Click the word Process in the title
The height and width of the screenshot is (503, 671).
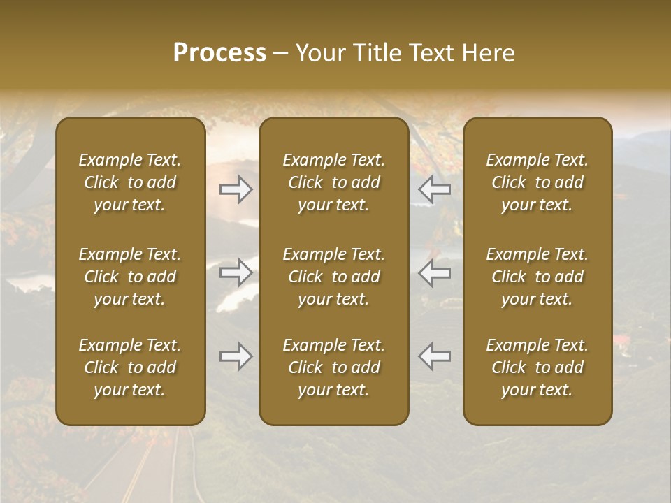tap(219, 53)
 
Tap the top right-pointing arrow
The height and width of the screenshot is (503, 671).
tap(236, 189)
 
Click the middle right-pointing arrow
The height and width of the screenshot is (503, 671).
tap(236, 272)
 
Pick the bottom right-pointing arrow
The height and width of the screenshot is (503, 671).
tap(236, 356)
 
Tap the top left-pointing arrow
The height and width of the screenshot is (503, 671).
tap(435, 189)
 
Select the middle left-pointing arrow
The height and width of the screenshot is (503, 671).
tap(435, 272)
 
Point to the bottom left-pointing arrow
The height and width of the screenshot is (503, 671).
tap(435, 356)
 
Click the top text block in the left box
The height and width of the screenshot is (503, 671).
tap(130, 182)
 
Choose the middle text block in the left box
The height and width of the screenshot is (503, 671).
tap(130, 277)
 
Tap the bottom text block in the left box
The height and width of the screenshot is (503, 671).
tap(130, 367)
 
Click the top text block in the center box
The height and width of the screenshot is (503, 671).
tap(334, 182)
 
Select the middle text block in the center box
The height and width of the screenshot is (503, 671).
tap(334, 277)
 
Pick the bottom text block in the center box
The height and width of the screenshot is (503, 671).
tap(334, 367)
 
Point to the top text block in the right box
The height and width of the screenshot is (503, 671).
tap(537, 182)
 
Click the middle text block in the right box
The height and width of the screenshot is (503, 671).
tap(537, 277)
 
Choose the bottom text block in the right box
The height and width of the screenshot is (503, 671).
tap(537, 367)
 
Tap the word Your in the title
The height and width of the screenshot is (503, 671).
tap(321, 53)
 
